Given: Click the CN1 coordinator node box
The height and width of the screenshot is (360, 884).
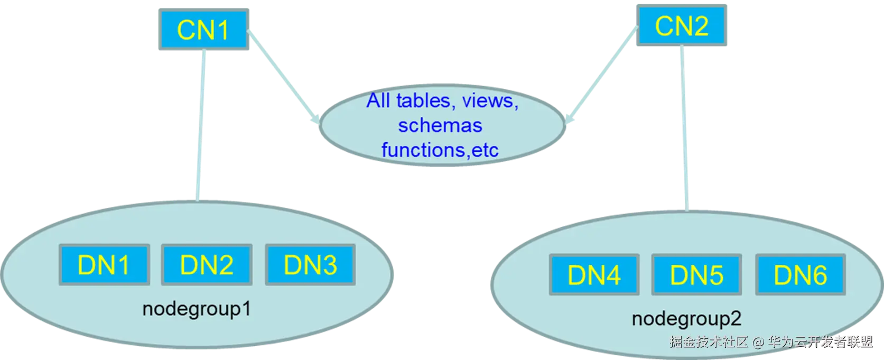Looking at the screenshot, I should [203, 29].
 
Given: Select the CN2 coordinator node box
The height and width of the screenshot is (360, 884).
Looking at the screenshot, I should [682, 25].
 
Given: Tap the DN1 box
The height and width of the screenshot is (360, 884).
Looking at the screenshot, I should [104, 264].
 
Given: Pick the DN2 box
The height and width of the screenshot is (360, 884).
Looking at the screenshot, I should [207, 264].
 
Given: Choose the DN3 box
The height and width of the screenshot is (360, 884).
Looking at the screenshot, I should [310, 264].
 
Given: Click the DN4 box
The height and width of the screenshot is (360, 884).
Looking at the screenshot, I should [594, 275].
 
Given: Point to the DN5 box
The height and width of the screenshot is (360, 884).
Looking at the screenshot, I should [696, 275].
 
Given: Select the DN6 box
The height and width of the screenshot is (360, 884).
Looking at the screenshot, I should [800, 275].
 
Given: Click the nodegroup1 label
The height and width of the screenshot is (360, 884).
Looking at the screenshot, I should [197, 309].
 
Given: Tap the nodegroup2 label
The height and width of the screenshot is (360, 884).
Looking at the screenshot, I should [686, 319].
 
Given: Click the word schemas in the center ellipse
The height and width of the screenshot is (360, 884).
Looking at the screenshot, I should [440, 125].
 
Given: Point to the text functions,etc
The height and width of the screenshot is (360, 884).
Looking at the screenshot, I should [440, 150].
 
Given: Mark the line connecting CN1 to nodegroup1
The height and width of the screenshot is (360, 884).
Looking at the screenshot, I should [200, 127].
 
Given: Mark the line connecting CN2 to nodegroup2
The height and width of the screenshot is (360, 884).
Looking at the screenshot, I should [683, 127].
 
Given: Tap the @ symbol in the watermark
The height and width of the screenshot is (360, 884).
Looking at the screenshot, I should [758, 342].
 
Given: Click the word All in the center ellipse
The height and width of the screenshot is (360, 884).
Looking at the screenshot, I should [378, 100].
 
